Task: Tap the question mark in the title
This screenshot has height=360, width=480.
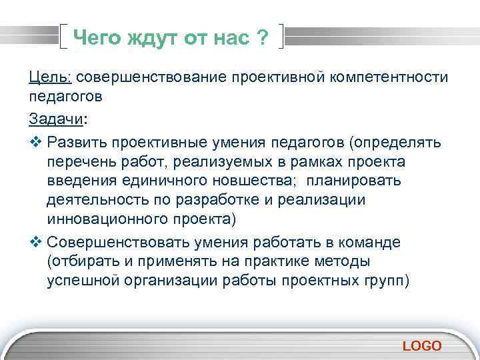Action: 263,39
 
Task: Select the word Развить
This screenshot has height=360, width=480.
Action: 78,144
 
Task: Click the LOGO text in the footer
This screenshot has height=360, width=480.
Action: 422,345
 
